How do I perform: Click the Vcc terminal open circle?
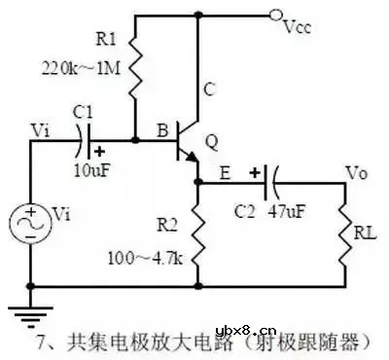(275, 15)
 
